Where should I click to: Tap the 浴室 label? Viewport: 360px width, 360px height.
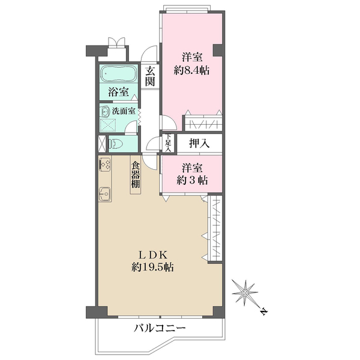pos(118,92)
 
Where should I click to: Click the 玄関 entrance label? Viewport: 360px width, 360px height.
pos(150,76)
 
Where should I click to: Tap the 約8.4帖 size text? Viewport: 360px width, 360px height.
pos(191,70)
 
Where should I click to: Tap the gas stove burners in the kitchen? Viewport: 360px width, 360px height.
pos(104,163)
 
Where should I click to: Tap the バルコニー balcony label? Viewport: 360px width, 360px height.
pos(160,329)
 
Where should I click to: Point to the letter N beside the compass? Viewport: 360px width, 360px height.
pos(264,310)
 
